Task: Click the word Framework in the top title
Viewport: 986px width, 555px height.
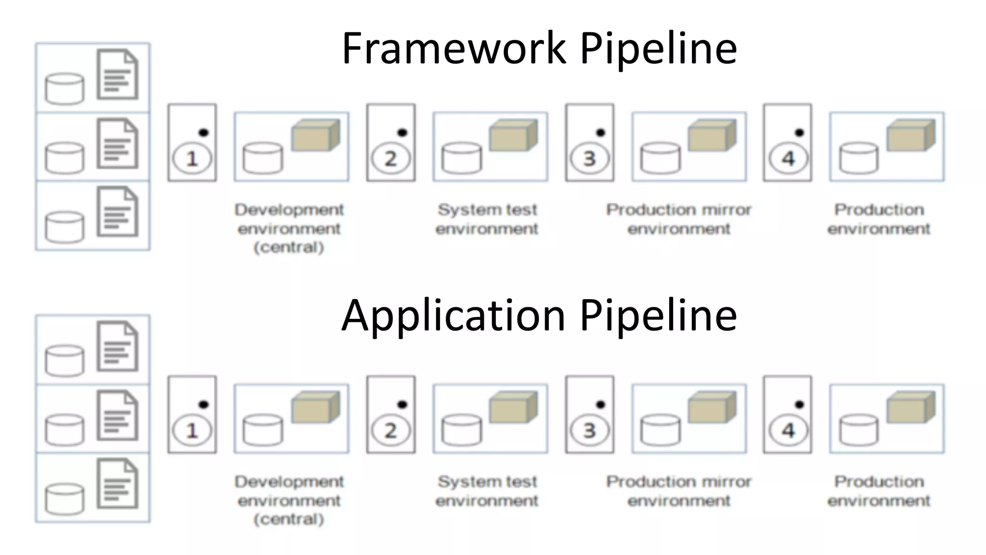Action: pyautogui.click(x=454, y=48)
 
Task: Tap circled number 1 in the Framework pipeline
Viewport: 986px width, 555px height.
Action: pyautogui.click(x=192, y=159)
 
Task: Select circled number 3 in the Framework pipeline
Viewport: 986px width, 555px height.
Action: pyautogui.click(x=589, y=159)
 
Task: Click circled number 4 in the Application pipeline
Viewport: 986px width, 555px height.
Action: pyautogui.click(x=788, y=430)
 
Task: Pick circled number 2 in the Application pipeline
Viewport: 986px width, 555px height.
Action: pyautogui.click(x=390, y=430)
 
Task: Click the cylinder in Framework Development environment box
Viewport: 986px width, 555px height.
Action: pyautogui.click(x=263, y=158)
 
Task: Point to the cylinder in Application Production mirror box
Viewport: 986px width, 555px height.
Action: pyautogui.click(x=660, y=430)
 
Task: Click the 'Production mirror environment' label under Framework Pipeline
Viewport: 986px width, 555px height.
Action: pyautogui.click(x=678, y=219)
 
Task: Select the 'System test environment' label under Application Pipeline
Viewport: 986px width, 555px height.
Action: pyautogui.click(x=487, y=490)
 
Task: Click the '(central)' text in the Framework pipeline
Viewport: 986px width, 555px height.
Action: pyautogui.click(x=289, y=247)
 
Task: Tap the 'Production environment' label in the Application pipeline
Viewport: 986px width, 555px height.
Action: pyautogui.click(x=879, y=490)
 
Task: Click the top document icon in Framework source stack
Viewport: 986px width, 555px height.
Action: pyautogui.click(x=117, y=75)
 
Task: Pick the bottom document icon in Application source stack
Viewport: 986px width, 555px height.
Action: pyautogui.click(x=117, y=484)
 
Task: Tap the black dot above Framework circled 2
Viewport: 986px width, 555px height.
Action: pyautogui.click(x=402, y=132)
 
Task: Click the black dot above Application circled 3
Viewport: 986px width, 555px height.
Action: pyautogui.click(x=600, y=404)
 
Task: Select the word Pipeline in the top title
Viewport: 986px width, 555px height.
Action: pyautogui.click(x=658, y=48)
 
